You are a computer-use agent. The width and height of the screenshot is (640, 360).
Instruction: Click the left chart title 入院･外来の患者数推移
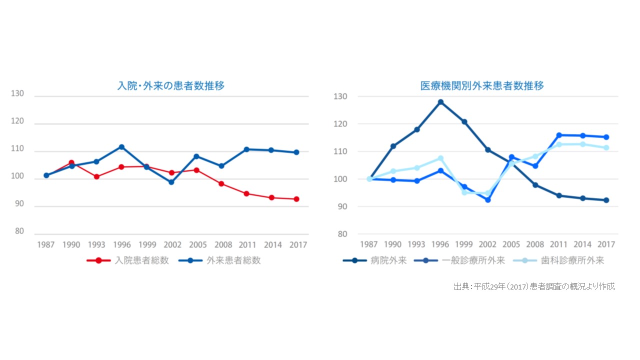coord(171,85)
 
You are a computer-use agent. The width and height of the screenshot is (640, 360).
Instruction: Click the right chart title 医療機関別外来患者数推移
coord(482,85)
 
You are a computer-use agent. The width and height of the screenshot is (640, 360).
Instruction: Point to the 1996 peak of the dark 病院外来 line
coord(440,102)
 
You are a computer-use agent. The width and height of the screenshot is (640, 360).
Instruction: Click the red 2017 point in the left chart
coord(296,199)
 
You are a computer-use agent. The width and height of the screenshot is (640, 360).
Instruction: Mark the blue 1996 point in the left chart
coord(121,147)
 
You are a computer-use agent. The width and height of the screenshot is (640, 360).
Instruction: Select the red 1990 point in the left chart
coord(71,162)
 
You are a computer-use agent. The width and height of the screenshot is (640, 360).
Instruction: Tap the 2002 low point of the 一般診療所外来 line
coord(487,200)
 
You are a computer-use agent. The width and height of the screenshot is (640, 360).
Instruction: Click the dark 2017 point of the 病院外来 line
coord(606,200)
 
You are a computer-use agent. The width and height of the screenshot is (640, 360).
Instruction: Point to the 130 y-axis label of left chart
coord(18,93)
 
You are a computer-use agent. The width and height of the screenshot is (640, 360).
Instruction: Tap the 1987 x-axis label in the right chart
coord(369,244)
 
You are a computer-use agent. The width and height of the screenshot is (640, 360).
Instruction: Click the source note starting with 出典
coord(534,286)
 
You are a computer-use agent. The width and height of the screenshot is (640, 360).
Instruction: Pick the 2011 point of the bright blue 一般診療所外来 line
coord(558,135)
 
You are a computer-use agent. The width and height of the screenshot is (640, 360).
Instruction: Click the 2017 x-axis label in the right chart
coord(606,244)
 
